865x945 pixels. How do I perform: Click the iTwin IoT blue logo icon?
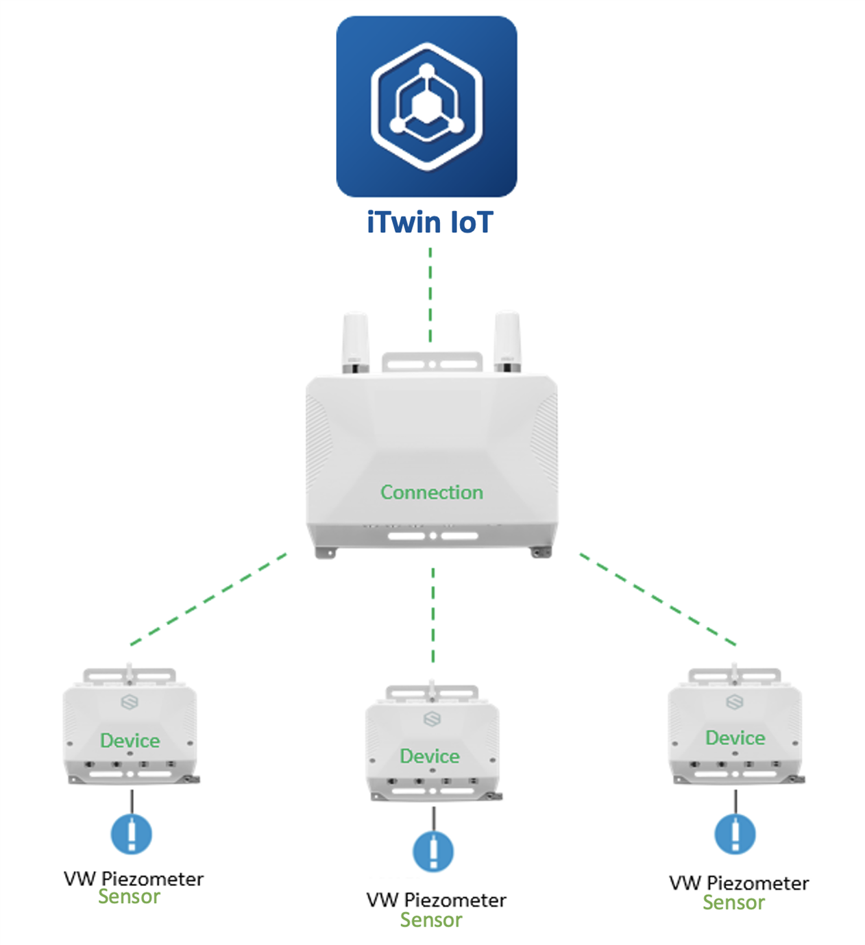[x=426, y=107]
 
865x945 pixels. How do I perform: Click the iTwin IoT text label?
[x=430, y=223]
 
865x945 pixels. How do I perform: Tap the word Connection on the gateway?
[x=432, y=492]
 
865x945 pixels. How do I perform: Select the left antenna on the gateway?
[x=355, y=342]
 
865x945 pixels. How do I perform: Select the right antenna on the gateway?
[x=507, y=342]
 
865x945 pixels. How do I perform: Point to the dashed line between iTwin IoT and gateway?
[x=430, y=295]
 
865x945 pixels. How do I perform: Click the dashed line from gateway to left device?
[x=208, y=599]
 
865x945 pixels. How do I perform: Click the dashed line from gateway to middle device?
[x=433, y=615]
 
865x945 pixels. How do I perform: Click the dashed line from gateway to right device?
[x=657, y=599]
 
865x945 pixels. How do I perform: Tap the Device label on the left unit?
[x=130, y=740]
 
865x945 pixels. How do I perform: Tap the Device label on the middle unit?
[x=430, y=756]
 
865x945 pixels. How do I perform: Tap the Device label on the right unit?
[x=735, y=737]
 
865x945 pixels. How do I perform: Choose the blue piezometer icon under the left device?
[x=132, y=833]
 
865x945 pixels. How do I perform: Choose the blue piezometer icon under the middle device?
[x=433, y=851]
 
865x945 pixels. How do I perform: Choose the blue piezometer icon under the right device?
[x=735, y=833]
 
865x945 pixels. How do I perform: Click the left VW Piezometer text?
[x=134, y=879]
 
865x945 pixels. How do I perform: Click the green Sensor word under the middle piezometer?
[x=431, y=920]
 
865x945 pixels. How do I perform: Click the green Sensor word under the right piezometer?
[x=733, y=903]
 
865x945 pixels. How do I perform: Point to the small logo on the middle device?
[x=432, y=719]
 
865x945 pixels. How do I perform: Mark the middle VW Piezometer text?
[x=437, y=900]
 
